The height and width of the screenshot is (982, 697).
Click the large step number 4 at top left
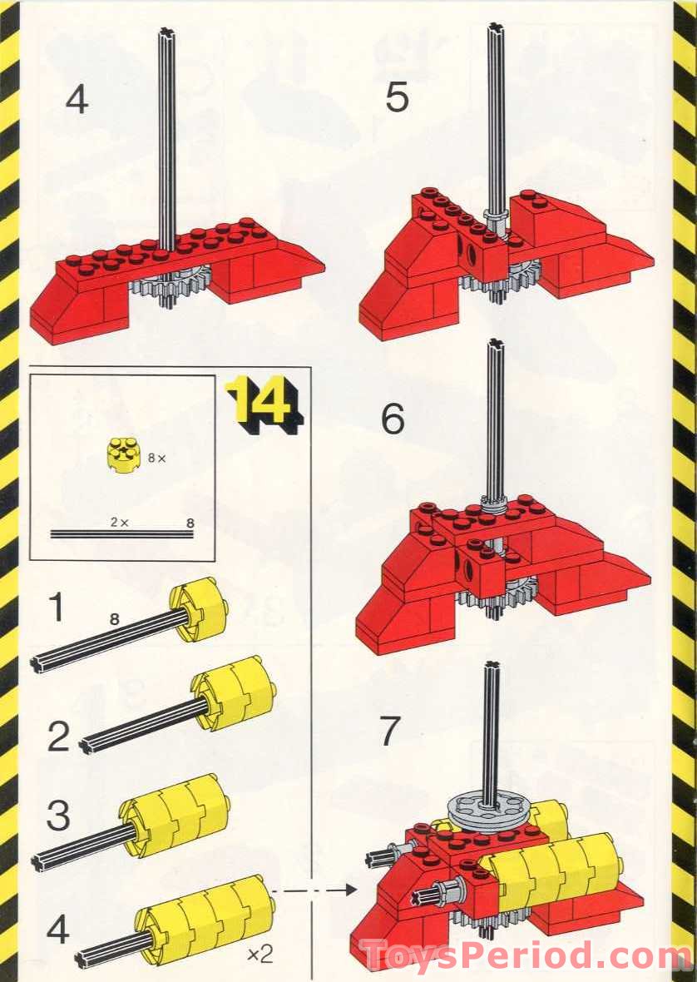77,101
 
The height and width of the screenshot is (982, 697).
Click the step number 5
397,98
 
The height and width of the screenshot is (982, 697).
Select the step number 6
393,420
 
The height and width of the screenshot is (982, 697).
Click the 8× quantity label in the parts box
157,459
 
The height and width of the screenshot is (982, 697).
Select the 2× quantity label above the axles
120,522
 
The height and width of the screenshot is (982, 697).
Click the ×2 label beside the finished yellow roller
260,955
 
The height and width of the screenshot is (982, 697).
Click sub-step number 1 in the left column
56,608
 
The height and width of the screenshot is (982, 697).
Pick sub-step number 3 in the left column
57,816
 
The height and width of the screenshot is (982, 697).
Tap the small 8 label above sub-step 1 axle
115,619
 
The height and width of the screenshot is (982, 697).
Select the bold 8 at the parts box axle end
190,523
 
